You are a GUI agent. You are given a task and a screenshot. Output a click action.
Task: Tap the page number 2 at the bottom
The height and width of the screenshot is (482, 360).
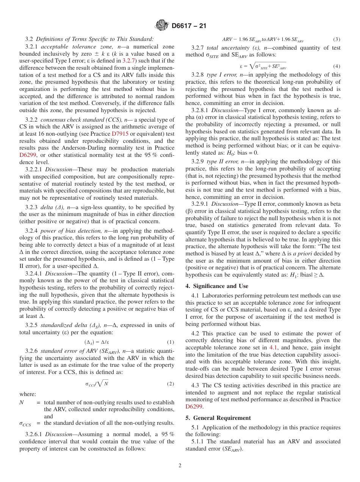click(180, 466)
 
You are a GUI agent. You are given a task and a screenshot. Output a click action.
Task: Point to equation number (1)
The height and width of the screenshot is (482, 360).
click(171, 342)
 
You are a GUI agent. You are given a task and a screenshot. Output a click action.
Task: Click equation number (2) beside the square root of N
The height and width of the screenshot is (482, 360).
click(171, 384)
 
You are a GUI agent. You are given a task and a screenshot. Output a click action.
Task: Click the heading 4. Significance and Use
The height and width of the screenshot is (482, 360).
click(216, 286)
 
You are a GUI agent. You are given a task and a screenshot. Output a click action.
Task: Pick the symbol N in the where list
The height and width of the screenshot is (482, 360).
click(21, 402)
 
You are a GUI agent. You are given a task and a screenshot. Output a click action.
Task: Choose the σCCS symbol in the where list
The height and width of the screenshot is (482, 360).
click(25, 423)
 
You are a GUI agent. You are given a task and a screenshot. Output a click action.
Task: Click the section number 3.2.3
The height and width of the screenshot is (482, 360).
click(33, 207)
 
